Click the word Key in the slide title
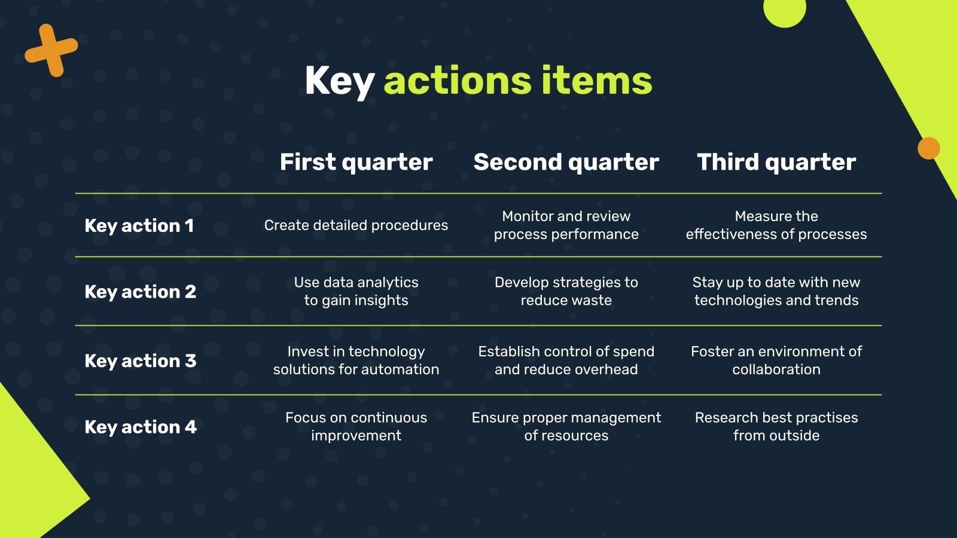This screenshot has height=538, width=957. pos(340,82)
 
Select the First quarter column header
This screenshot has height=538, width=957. pos(356,163)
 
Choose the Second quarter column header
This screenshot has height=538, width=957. pos(566,163)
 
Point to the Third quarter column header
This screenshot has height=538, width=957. pos(776,163)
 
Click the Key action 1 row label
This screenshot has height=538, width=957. pos(139,226)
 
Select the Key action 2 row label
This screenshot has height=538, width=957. pos(141,292)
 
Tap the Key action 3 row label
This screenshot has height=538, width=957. pos(141,361)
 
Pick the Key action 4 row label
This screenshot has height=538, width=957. pos(141,427)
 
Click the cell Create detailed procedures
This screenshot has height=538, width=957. pos(356,225)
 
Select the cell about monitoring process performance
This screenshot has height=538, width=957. pos(566,225)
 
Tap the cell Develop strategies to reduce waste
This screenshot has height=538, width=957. pos(566,291)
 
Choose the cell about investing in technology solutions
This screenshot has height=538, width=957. pos(356,360)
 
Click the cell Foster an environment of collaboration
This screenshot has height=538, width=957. pos(776,360)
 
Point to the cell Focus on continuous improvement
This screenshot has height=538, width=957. pos(356,427)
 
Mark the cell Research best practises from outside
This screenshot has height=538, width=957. pos(776,427)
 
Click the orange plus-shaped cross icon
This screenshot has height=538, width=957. pos(51,50)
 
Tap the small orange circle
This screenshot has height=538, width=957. pos(929,148)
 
